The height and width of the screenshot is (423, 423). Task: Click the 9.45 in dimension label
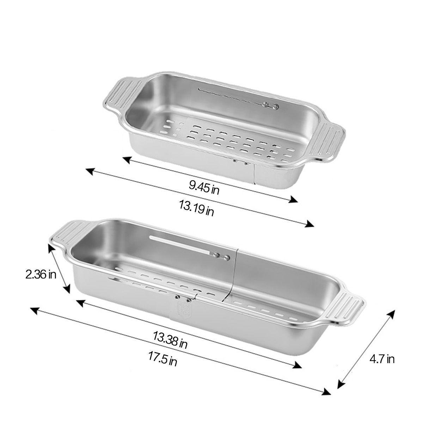pos(204,187)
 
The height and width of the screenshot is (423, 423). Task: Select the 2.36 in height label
pos(41,274)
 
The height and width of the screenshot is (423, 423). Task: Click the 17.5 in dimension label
pos(163,358)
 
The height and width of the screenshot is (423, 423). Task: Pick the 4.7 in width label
pos(382,359)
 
